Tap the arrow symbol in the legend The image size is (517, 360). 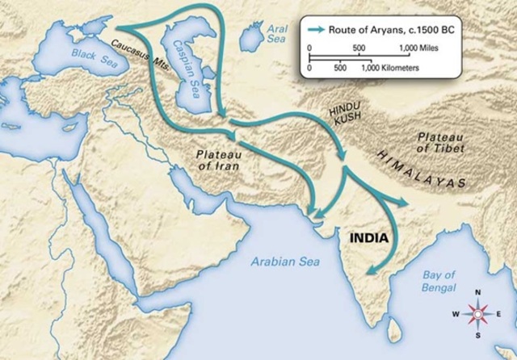click(317, 29)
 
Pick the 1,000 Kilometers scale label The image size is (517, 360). click(389, 69)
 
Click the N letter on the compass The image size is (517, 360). click(477, 294)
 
